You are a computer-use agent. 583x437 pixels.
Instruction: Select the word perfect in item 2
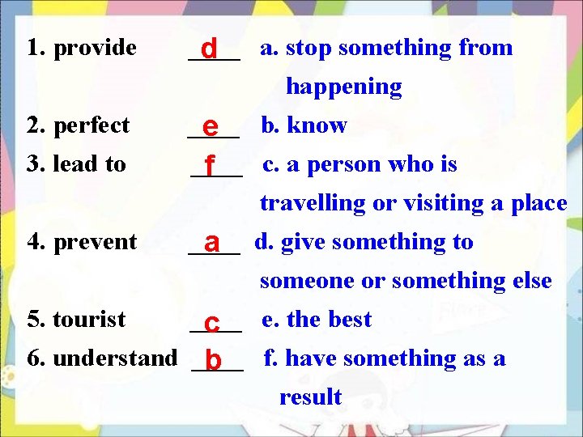click(91, 126)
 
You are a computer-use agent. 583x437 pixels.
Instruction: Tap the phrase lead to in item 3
click(89, 164)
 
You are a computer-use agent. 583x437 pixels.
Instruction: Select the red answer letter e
click(211, 127)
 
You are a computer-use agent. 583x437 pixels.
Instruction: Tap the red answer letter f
click(210, 166)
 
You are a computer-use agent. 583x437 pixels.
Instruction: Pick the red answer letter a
click(212, 243)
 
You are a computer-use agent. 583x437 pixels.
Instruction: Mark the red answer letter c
click(212, 321)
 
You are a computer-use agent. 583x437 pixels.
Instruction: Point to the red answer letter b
click(213, 360)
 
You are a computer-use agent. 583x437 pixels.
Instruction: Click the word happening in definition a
click(343, 87)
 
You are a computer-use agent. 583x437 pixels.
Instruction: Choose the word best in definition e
click(349, 320)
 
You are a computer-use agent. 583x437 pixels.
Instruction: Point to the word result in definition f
click(310, 397)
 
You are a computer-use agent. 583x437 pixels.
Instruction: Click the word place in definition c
click(538, 204)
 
